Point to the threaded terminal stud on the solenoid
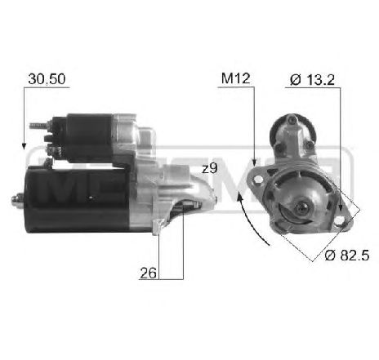tap(36, 127)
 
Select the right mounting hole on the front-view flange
tap(341, 214)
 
